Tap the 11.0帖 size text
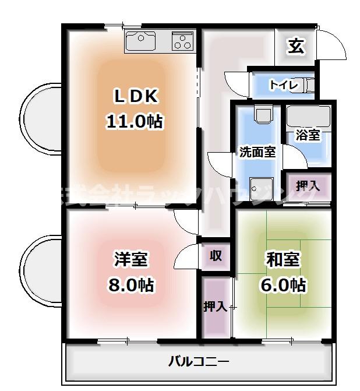134,121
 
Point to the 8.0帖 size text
130,285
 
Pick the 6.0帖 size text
283,285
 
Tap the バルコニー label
199,362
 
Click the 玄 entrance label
296,47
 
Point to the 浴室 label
307,135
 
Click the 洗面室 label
257,152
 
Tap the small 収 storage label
216,255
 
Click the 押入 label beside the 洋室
214,307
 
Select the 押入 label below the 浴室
307,186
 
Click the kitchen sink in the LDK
140,42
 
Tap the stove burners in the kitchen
182,42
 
